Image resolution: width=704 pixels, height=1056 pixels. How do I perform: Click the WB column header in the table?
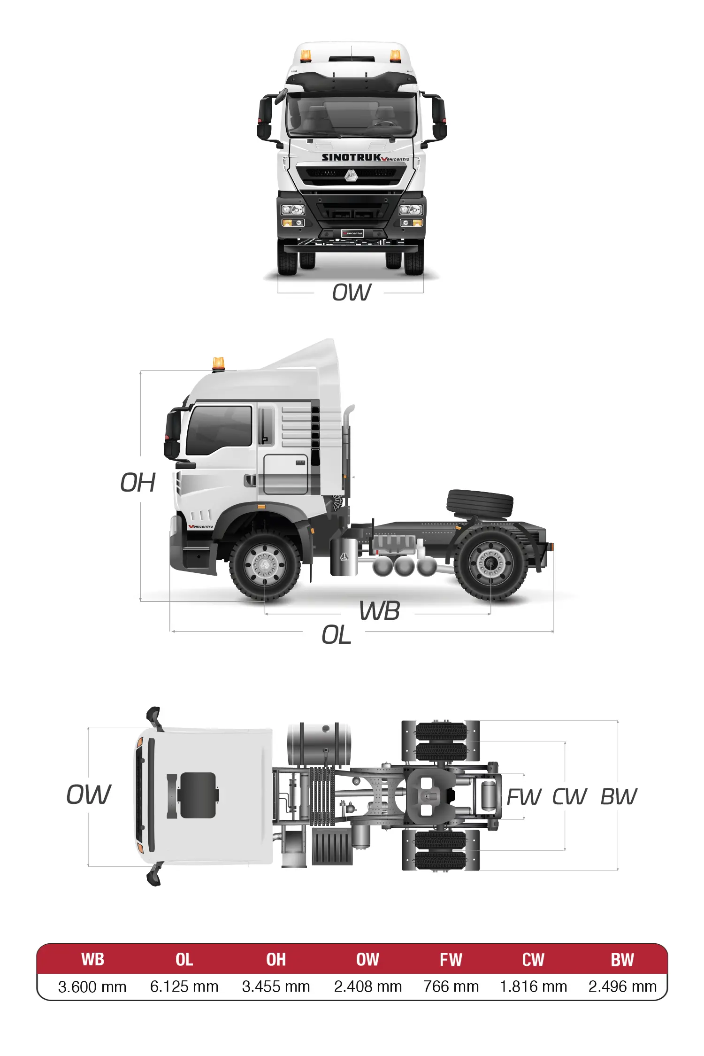pos(92,959)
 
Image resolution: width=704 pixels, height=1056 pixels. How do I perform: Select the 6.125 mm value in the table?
pos(184,987)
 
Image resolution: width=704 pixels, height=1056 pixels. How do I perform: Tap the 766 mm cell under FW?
pos(451,987)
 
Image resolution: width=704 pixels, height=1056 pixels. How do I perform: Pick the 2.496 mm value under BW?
pos(622,987)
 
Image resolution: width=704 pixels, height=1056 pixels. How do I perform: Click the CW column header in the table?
pos(533,959)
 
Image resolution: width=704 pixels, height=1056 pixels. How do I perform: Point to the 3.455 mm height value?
pos(276,987)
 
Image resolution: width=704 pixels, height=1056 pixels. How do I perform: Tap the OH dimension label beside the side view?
pos(138,483)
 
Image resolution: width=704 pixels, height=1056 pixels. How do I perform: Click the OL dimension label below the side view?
pos(336,635)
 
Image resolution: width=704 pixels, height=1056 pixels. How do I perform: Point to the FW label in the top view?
pos(524,797)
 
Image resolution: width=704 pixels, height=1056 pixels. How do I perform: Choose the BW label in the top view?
pos(619,797)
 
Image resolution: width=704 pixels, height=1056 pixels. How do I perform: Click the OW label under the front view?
pos(352,293)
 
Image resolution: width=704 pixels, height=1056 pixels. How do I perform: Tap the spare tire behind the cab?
pos(480,503)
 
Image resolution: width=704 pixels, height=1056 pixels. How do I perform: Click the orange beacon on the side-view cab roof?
pos(218,363)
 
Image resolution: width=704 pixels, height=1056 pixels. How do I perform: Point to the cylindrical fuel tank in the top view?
pos(319,744)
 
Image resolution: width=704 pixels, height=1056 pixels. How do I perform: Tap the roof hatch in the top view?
pos(198,795)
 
